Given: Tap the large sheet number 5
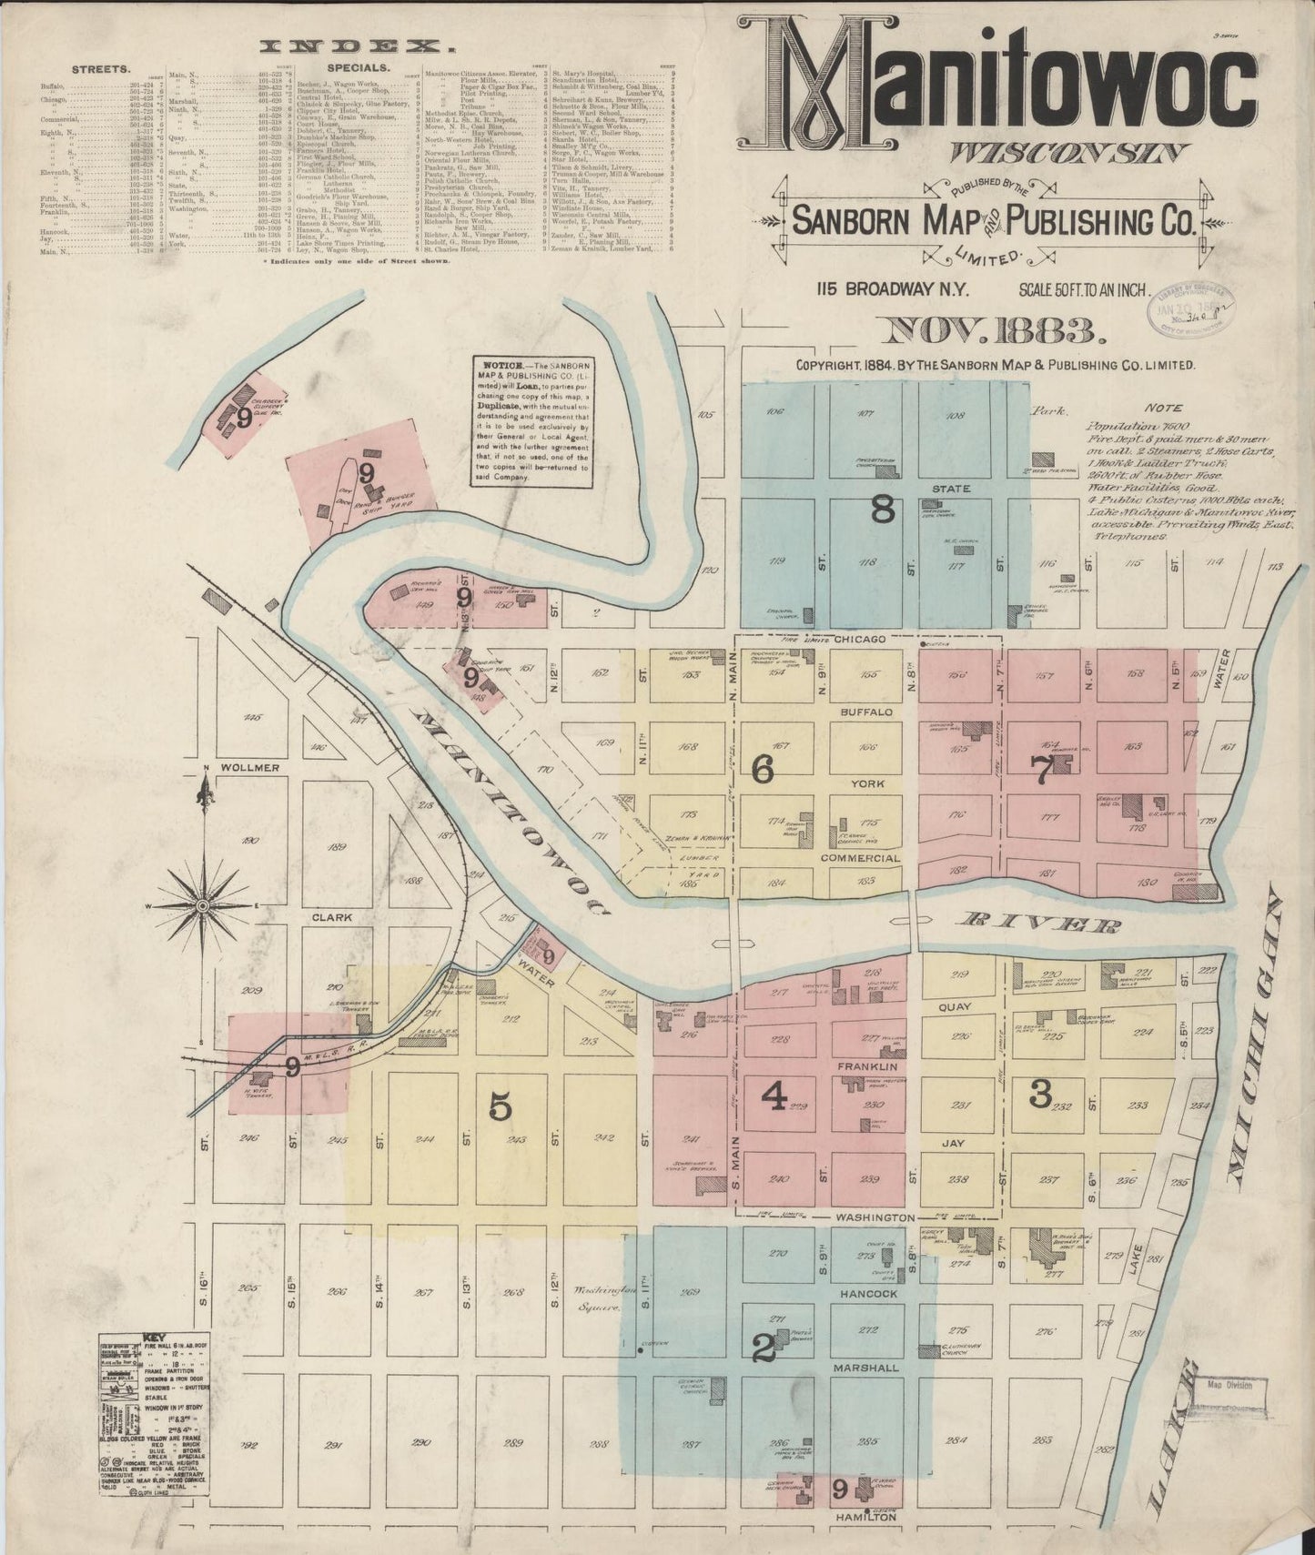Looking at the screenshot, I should coord(501,1106).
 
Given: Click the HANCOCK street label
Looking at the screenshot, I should coord(868,1293).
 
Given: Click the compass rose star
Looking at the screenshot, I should coord(201,907).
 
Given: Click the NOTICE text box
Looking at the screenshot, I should coord(533,423).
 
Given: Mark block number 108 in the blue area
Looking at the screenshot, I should coord(955,416).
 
